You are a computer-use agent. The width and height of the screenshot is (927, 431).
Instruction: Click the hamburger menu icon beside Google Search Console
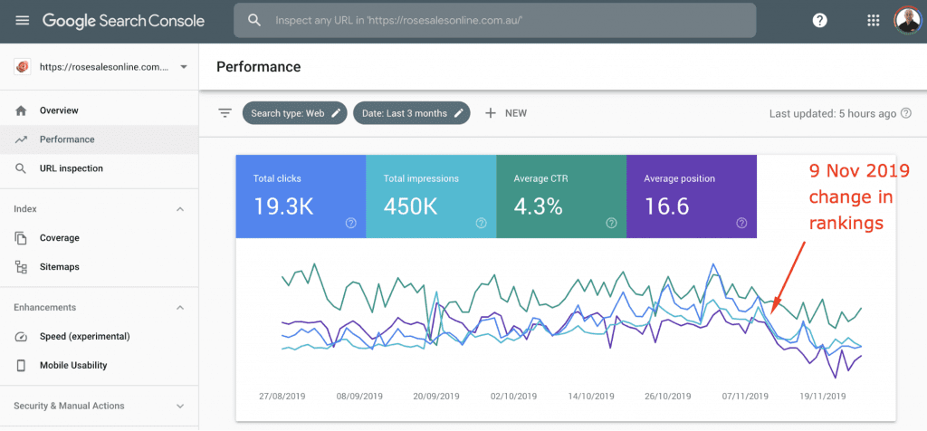click(x=22, y=20)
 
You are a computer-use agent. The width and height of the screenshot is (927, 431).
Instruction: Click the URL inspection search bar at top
click(x=493, y=20)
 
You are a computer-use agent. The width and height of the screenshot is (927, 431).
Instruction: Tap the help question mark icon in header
click(x=819, y=20)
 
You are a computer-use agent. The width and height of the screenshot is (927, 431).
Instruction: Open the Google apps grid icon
click(x=873, y=20)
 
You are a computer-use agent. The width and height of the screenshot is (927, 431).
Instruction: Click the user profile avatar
click(x=906, y=20)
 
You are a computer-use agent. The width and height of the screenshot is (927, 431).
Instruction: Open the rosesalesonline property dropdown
click(x=100, y=67)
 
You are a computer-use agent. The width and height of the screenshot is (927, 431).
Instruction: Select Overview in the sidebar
click(x=59, y=110)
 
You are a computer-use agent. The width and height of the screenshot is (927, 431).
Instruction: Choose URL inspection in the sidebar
click(x=71, y=168)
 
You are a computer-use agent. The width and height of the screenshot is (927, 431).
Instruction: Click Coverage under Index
click(x=59, y=238)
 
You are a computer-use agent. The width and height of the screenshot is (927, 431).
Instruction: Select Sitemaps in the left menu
click(x=59, y=267)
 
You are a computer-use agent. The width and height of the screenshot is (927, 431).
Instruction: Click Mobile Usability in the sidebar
click(x=73, y=366)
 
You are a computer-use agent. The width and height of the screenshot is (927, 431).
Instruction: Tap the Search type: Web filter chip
click(x=294, y=113)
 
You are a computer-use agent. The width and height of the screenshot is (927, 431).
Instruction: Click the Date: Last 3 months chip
click(x=411, y=113)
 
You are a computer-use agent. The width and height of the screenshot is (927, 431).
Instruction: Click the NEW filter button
click(x=506, y=113)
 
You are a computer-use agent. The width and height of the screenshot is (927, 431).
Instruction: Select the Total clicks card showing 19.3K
click(x=301, y=196)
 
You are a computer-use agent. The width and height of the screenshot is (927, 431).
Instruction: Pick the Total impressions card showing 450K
click(x=431, y=196)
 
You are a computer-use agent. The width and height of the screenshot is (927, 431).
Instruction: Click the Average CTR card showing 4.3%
click(x=561, y=196)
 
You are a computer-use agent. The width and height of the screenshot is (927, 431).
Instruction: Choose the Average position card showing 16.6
click(x=691, y=196)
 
